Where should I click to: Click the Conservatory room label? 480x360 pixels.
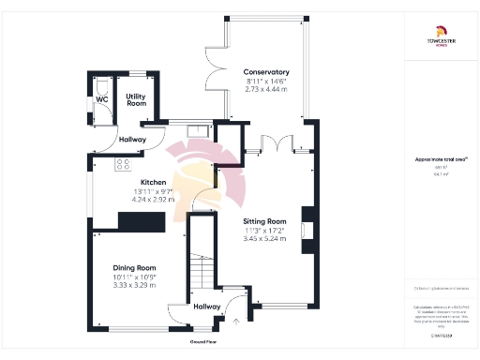click(x=266, y=72)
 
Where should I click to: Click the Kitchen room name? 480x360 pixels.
click(x=153, y=182)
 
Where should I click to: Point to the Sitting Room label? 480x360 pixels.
click(x=265, y=221)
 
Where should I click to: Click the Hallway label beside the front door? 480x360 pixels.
click(x=206, y=307)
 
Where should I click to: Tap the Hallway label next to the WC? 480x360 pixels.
click(x=132, y=140)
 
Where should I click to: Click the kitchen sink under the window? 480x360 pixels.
click(x=196, y=131)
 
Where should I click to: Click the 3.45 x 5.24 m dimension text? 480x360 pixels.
click(x=265, y=240)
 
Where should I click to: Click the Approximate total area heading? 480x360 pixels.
click(x=435, y=159)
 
